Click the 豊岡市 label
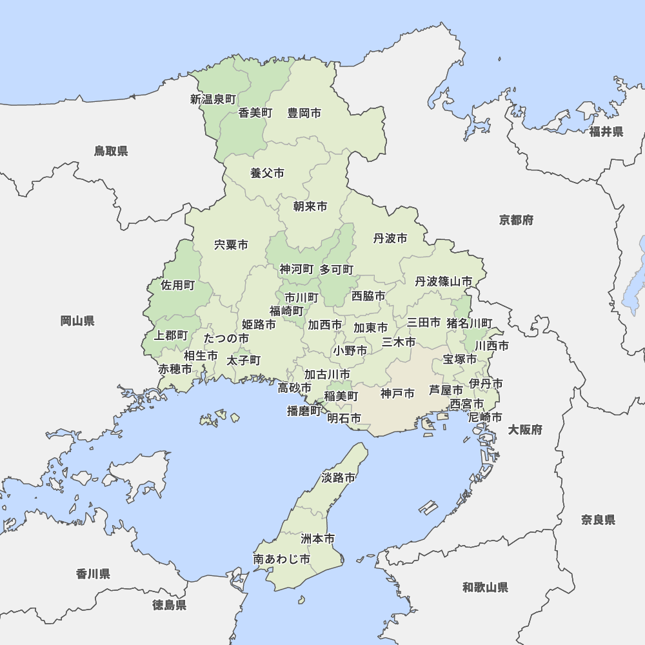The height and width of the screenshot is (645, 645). point(304,113)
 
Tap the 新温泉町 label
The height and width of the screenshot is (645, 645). point(213,99)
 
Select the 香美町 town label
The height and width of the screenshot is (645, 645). point(255,113)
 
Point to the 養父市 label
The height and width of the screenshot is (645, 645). point(267,173)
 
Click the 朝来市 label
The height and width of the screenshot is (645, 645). point(310,206)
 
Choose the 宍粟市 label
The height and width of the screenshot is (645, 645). point(231,245)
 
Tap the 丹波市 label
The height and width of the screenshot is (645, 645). point(390,239)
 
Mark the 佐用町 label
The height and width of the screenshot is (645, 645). point(177,285)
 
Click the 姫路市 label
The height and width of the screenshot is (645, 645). point(259,324)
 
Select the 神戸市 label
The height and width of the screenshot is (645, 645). point(397,393)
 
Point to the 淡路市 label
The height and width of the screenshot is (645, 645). point(339,478)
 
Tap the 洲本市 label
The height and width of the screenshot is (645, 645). point(317,538)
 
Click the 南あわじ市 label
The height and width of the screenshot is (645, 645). point(282,559)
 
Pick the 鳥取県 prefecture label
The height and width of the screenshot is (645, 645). point(111,151)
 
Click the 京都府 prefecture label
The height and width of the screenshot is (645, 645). point(516,220)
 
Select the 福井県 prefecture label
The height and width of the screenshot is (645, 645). point(606,132)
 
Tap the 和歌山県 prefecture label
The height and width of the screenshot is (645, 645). point(485,587)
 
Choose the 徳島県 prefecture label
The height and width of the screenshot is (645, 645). point(170,605)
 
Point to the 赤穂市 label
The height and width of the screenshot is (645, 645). point(175,370)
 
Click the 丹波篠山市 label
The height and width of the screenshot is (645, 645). point(444,282)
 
